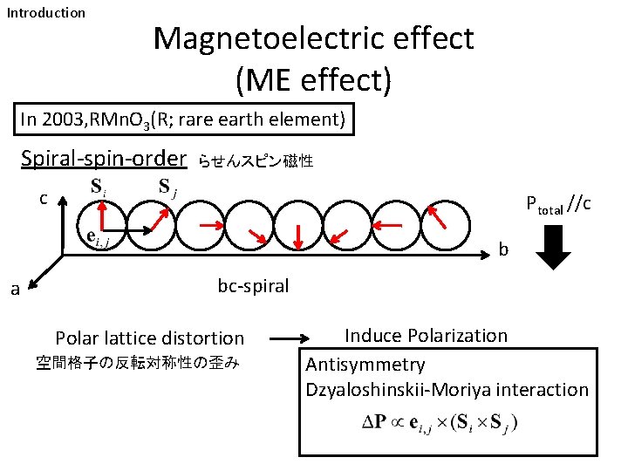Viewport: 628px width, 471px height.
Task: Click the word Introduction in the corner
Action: (x=46, y=13)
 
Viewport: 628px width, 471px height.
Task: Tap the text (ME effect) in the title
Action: (x=313, y=80)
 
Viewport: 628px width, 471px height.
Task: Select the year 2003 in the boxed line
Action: (x=69, y=119)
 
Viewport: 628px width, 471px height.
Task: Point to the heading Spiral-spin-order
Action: (x=104, y=159)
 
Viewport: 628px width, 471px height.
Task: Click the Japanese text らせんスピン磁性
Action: (x=255, y=160)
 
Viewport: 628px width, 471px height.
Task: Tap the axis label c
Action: (x=44, y=198)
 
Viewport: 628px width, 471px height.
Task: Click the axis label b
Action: (x=503, y=249)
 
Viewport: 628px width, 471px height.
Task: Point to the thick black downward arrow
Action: (x=553, y=247)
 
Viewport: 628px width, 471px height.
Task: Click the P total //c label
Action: (x=559, y=205)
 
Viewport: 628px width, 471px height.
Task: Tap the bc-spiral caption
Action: (x=253, y=285)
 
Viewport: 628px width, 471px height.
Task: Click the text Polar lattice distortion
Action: (x=149, y=338)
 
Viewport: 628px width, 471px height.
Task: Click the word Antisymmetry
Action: (x=365, y=365)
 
